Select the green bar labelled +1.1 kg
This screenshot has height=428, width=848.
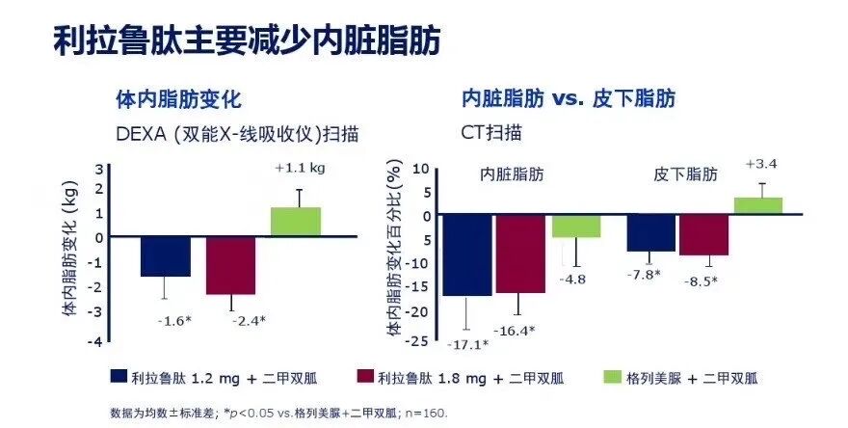(296, 222)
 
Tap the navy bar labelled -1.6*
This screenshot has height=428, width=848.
(165, 255)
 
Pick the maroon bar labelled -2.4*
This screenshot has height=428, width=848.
(230, 265)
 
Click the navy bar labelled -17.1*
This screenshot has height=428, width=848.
(467, 254)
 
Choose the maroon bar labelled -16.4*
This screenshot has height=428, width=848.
(520, 254)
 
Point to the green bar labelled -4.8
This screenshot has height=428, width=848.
(576, 226)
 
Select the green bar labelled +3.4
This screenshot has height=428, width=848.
(758, 205)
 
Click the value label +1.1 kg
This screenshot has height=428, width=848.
(300, 168)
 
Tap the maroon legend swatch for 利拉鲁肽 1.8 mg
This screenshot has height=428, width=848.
(365, 376)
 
